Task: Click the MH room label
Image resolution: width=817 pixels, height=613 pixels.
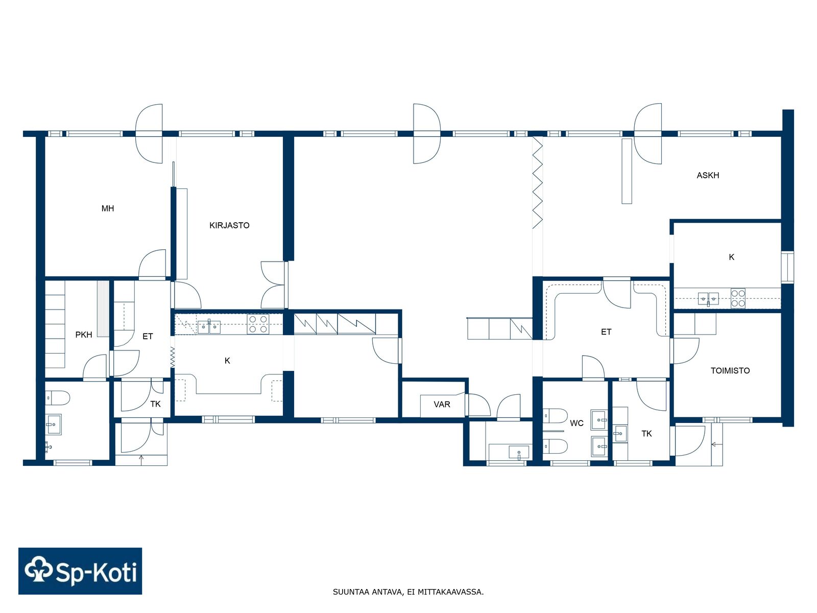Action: pos(108,208)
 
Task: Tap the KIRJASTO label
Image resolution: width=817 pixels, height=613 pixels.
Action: pos(229,225)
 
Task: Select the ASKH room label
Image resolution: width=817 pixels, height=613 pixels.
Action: pos(708,175)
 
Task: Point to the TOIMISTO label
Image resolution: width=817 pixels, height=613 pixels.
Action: pos(730,370)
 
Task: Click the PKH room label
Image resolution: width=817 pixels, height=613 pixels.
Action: pos(84,335)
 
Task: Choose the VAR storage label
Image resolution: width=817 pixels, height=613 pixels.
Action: pos(442,404)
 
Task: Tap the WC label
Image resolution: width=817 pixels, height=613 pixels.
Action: pos(576,423)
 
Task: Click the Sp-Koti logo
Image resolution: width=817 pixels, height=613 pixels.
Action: pos(80,571)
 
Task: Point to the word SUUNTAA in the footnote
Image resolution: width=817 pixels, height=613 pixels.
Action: pos(348,592)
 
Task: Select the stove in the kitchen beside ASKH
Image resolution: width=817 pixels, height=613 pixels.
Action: pos(738,298)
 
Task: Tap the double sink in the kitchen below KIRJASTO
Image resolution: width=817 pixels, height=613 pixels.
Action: pos(209,327)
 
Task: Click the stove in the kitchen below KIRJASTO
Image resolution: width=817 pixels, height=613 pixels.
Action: pos(258,324)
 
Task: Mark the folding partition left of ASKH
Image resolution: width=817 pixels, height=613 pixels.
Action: pos(538,183)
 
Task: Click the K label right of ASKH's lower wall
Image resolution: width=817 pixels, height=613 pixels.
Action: pos(731,257)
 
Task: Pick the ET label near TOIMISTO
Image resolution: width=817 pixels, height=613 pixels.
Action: pos(606,332)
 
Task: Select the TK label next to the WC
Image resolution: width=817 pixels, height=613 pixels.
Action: pos(646,434)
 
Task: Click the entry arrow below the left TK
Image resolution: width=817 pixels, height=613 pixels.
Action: pos(141,458)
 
